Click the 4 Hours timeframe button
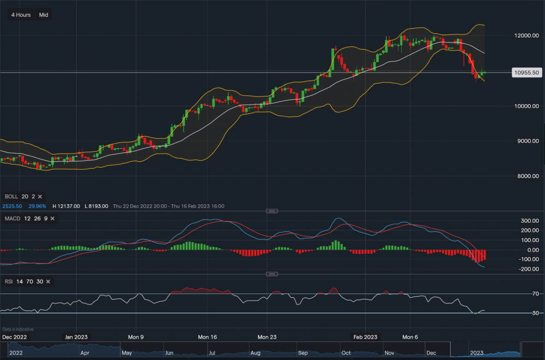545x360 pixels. (21, 15)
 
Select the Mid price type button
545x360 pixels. (44, 15)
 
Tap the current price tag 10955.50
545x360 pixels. (526, 72)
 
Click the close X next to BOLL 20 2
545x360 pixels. (40, 196)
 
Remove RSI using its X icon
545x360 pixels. (48, 282)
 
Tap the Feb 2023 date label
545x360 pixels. (365, 337)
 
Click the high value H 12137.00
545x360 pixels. (66, 206)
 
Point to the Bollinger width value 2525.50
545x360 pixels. (12, 206)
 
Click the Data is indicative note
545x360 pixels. (18, 329)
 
